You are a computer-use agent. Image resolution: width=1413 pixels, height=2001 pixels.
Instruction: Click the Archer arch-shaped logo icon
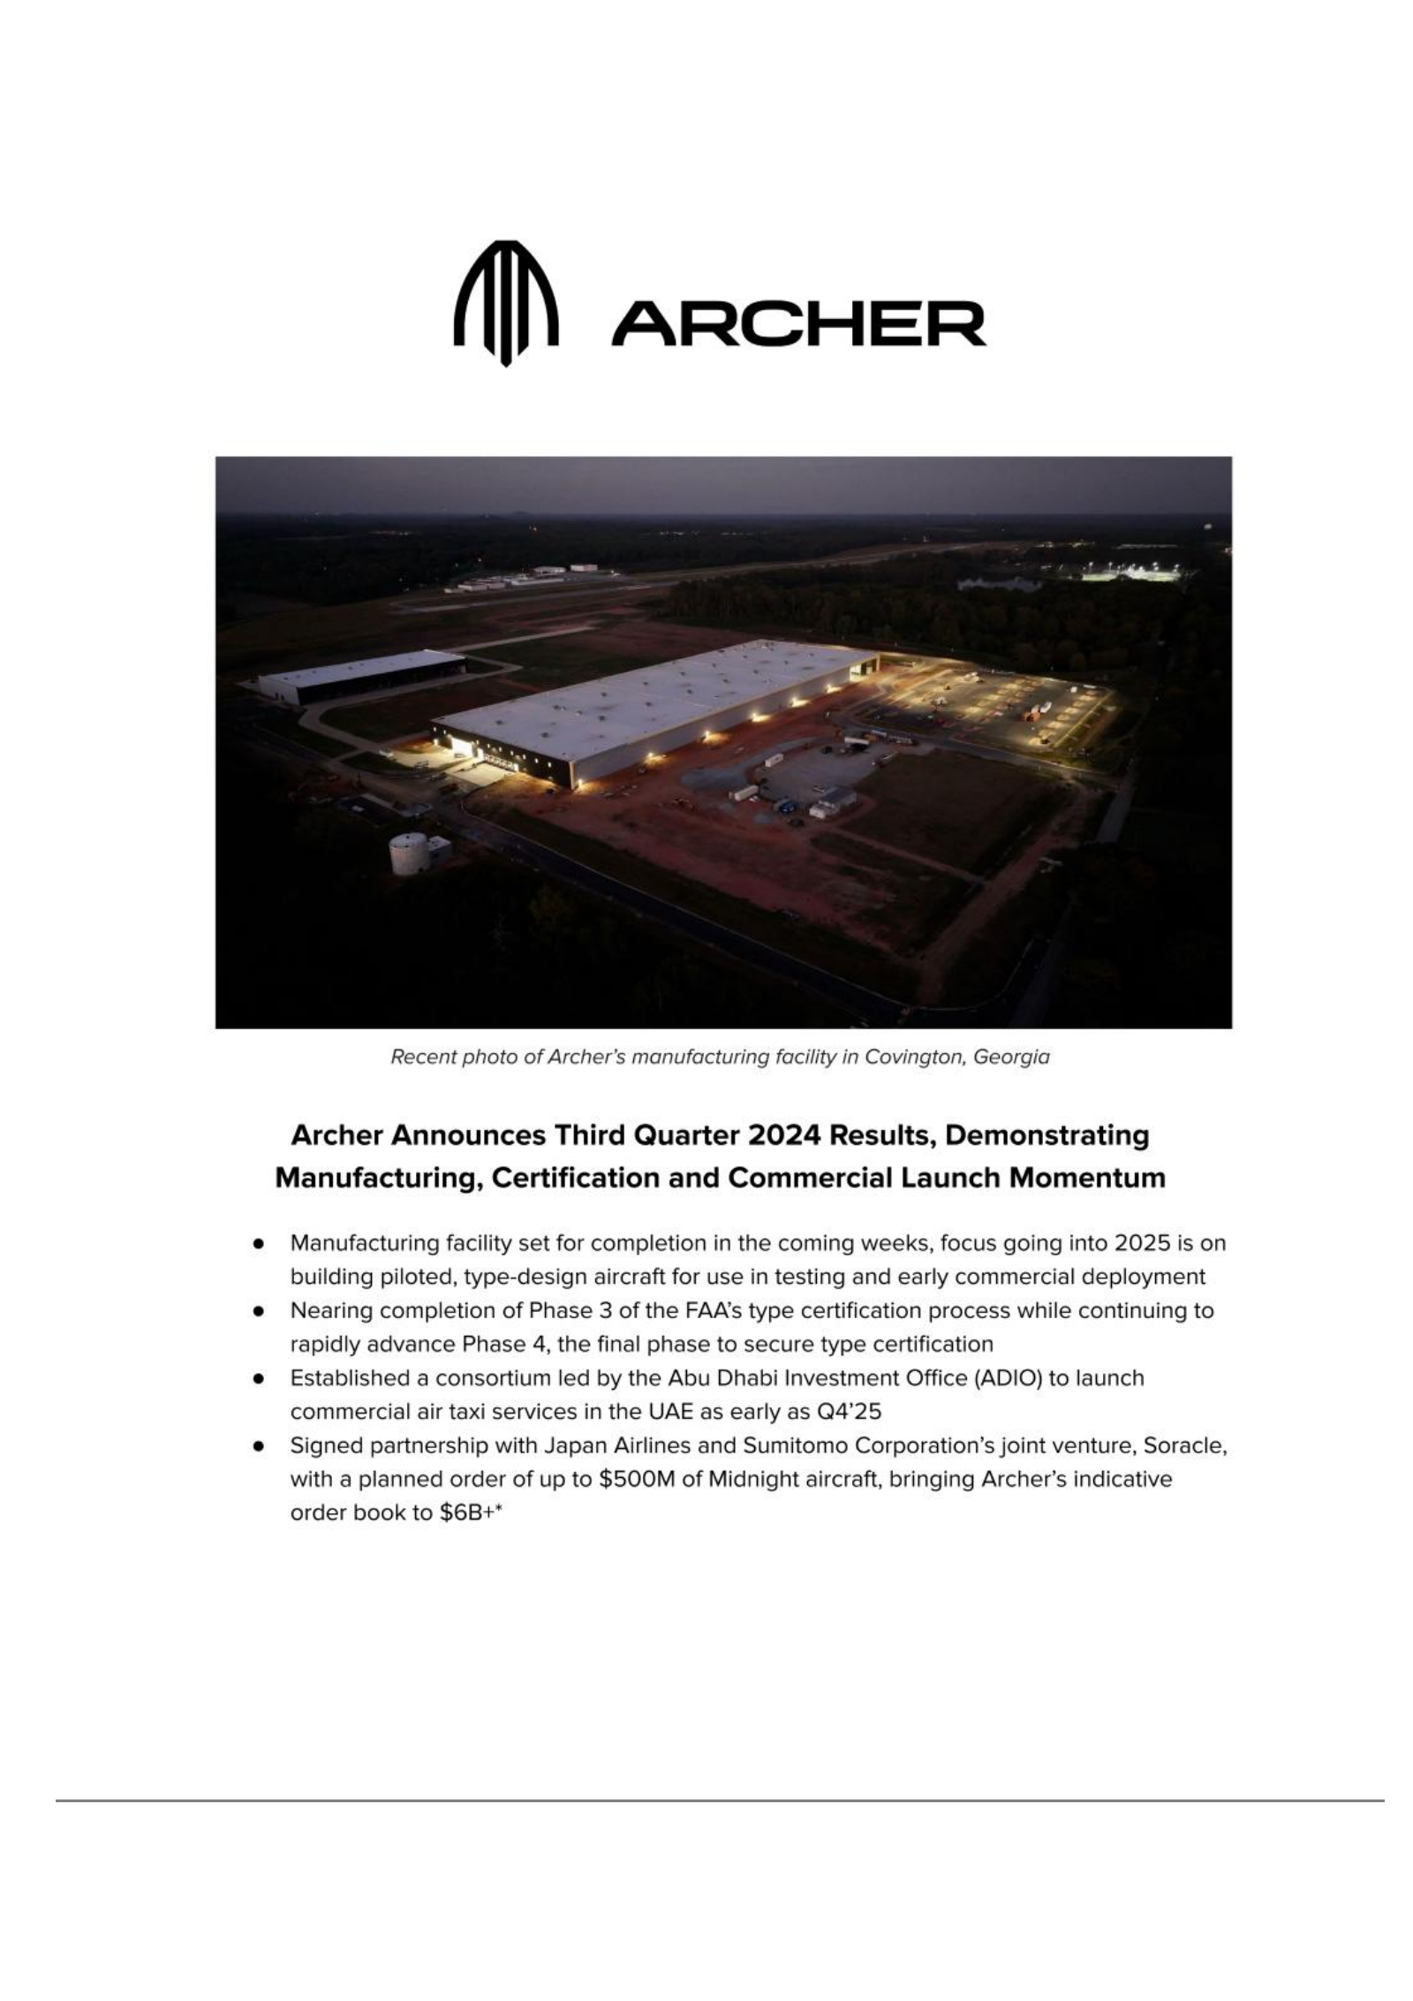[x=505, y=303]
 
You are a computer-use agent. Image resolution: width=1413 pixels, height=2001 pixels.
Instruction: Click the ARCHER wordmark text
[x=798, y=324]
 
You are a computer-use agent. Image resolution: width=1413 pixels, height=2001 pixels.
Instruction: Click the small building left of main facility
[x=362, y=675]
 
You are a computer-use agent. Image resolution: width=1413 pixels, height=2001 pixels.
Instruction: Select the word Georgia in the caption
[x=1011, y=1057]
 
